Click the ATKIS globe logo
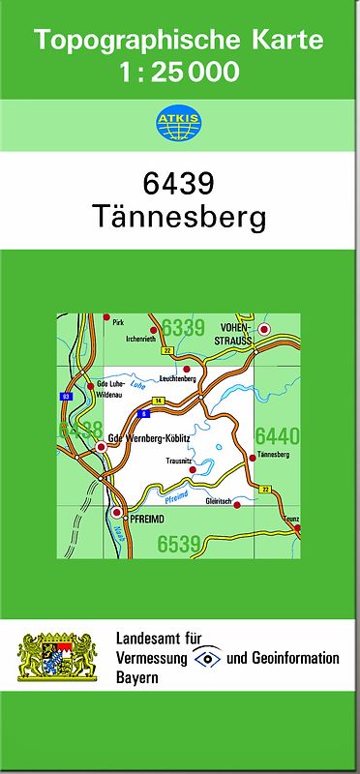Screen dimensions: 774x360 tap(179, 124)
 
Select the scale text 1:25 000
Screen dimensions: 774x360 tap(179, 72)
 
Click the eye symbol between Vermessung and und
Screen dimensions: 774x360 tap(207, 658)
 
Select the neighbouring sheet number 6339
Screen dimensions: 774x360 tap(183, 328)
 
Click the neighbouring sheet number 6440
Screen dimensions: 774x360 tap(277, 436)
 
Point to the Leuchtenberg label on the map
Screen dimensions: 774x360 tap(178, 379)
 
